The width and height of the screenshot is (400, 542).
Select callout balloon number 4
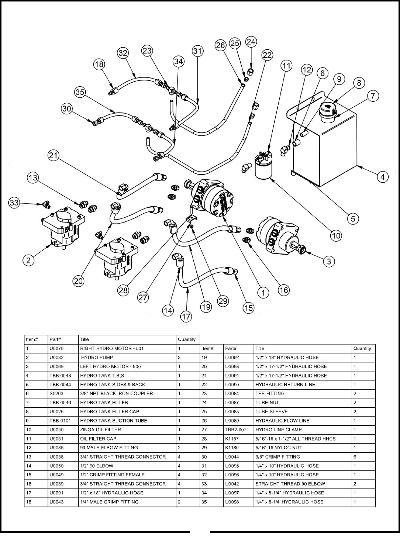click(383, 177)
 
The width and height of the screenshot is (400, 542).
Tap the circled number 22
click(267, 55)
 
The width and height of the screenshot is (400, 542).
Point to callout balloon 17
click(186, 317)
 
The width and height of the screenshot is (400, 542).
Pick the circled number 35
click(80, 92)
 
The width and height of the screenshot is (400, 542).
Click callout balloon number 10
click(336, 235)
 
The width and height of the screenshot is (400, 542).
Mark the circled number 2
click(28, 260)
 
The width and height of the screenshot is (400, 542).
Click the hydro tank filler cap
click(328, 109)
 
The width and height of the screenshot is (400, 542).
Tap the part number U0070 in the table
click(56, 348)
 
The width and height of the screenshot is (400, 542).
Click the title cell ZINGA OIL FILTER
click(100, 429)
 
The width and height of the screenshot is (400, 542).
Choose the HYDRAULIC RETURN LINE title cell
click(285, 384)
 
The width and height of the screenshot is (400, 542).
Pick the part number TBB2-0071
click(235, 429)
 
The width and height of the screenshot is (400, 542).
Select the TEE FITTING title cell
click(270, 393)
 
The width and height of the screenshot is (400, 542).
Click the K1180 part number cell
click(232, 448)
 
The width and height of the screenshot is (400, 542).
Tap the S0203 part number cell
click(56, 393)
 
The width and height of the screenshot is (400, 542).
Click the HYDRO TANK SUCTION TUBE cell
click(114, 421)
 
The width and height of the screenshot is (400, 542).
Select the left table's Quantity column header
click(187, 339)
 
